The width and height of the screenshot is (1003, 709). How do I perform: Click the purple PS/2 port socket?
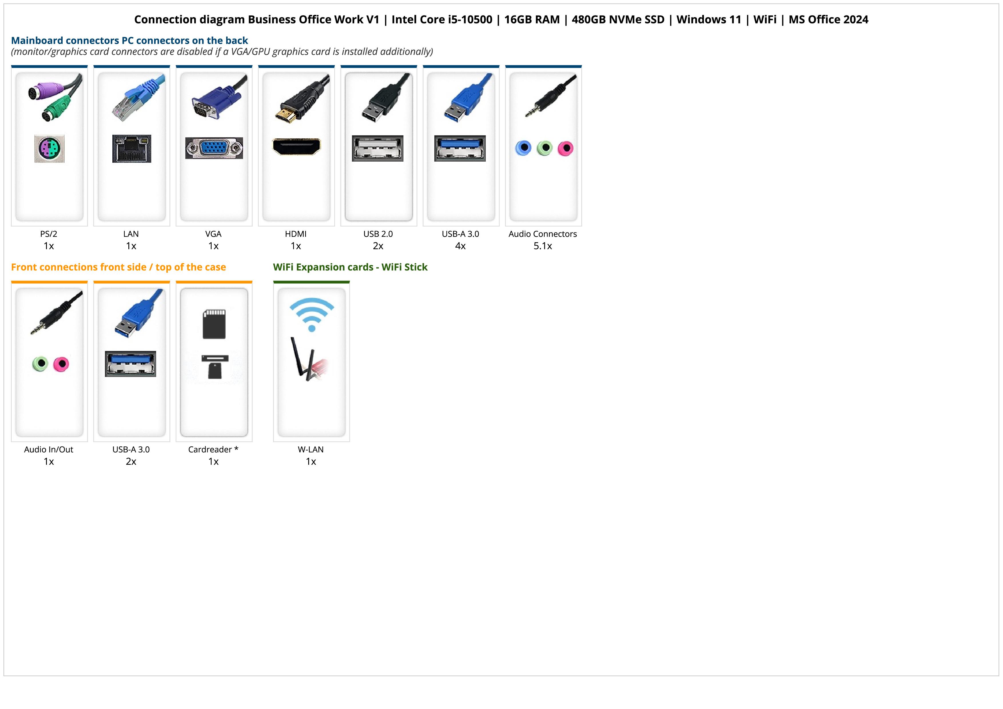(49, 149)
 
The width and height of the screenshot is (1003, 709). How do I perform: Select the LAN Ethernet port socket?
(132, 148)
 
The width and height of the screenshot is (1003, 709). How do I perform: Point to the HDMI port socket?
(296, 146)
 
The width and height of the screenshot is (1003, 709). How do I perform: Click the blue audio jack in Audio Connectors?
(523, 148)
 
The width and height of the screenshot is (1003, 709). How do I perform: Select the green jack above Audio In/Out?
(40, 364)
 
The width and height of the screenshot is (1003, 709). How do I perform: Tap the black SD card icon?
(214, 324)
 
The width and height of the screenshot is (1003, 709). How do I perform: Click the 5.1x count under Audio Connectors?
(543, 246)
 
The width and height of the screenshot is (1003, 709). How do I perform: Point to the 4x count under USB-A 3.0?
(460, 246)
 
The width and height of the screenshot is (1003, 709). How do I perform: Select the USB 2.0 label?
(378, 234)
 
